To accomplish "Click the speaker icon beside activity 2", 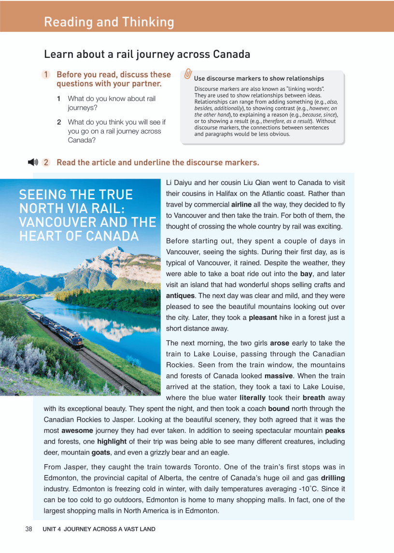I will coord(33,162).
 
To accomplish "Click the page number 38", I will coord(28,529).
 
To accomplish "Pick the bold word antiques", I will coord(180,295).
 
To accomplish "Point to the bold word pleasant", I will coord(263,318).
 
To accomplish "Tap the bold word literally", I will coord(253,398).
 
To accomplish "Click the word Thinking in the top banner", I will coord(148,22).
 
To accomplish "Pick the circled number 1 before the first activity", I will coord(45,75).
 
